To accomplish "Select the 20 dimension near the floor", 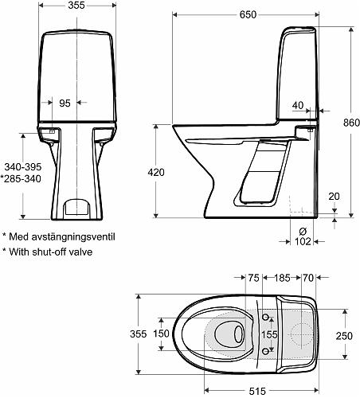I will [333, 197].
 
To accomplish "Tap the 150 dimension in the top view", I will [162, 334].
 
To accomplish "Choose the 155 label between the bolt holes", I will [272, 336].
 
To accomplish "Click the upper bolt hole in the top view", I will [265, 318].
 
